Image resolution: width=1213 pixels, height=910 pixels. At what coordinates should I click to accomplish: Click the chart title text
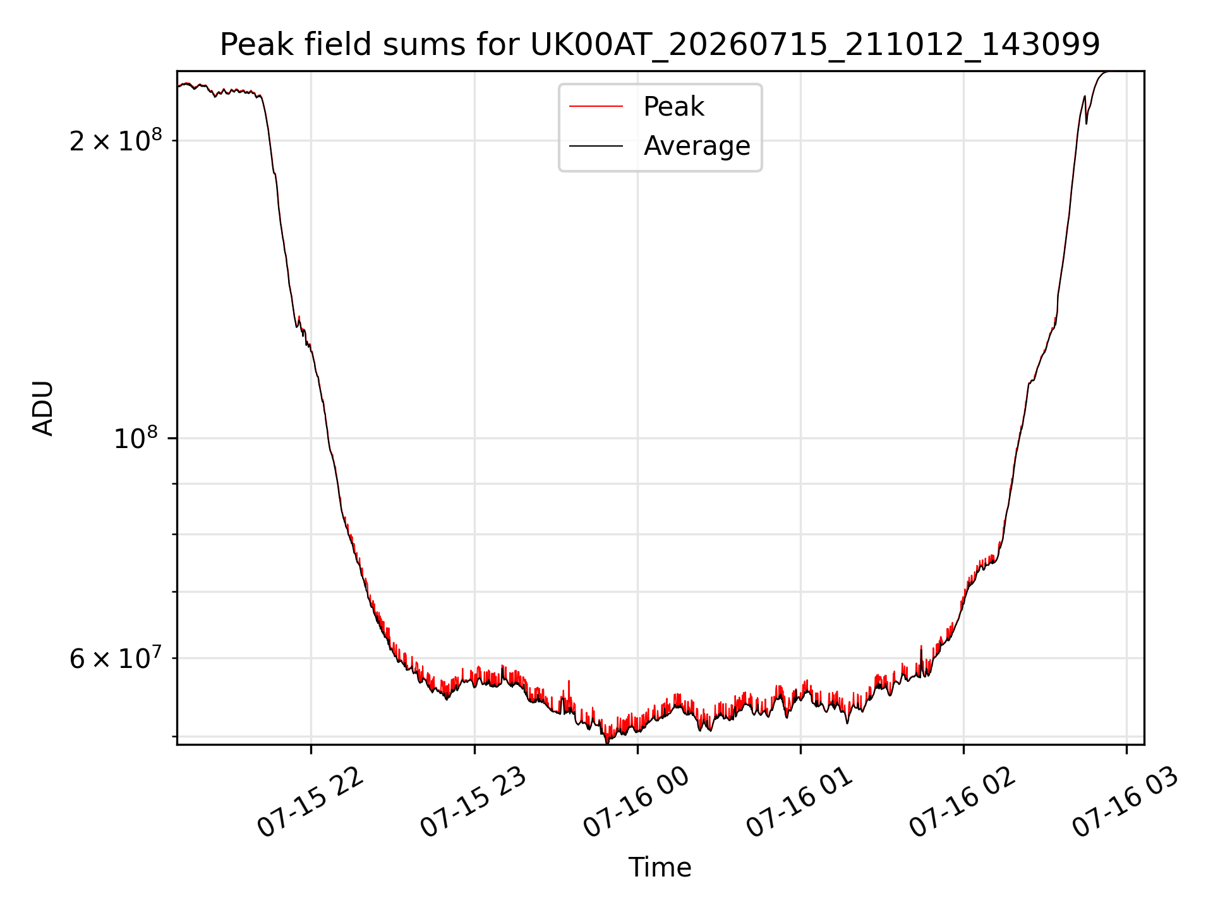[660, 45]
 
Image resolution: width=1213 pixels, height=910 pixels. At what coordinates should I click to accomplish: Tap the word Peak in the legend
[673, 107]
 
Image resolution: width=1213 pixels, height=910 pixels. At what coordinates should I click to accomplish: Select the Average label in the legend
[697, 146]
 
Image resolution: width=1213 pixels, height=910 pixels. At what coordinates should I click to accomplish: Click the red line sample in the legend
[596, 107]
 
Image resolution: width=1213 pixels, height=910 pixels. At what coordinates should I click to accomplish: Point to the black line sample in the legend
[596, 146]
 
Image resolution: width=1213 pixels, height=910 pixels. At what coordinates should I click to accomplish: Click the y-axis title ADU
[43, 408]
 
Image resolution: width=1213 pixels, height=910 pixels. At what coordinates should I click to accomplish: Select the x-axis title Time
[660, 868]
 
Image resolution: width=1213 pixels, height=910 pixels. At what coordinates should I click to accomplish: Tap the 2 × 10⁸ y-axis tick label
[116, 140]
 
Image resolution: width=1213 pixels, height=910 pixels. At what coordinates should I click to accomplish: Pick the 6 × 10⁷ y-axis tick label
[116, 658]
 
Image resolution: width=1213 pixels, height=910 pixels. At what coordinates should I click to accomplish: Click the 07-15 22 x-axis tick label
[311, 803]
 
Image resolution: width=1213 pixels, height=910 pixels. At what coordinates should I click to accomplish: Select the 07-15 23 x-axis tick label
[474, 803]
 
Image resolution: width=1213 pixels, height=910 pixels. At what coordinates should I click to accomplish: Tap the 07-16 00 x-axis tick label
[637, 803]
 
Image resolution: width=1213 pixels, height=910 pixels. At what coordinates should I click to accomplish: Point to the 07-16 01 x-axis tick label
[800, 803]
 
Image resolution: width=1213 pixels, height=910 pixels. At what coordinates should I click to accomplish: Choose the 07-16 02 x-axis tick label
[963, 803]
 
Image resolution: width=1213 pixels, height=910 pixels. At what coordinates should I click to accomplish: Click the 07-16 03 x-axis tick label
[1126, 803]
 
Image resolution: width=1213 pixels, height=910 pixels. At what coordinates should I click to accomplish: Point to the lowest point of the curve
[607, 743]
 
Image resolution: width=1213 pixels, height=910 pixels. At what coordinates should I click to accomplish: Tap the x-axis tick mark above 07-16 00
[637, 749]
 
